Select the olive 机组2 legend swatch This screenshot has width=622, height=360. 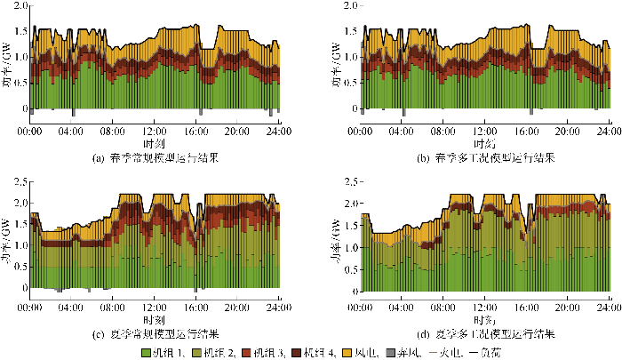coord(198,352)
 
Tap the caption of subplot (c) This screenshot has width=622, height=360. coord(155,333)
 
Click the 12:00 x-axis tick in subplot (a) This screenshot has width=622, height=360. coord(155,131)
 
